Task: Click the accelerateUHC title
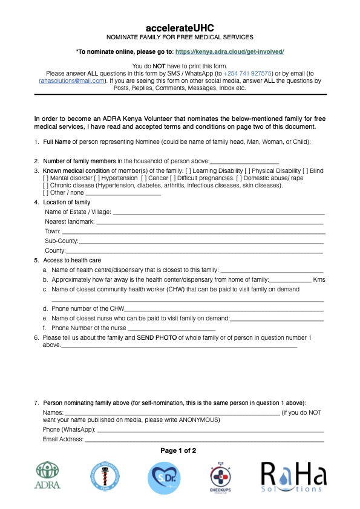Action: click(180, 28)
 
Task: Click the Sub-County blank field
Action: click(201, 241)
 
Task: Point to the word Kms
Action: click(319, 280)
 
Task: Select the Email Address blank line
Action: click(204, 439)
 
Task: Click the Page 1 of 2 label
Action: click(178, 450)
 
